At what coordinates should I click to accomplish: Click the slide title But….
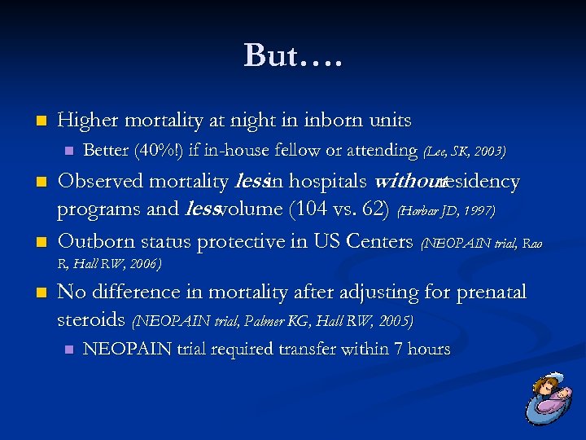tap(293, 55)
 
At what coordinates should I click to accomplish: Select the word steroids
tap(91, 319)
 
